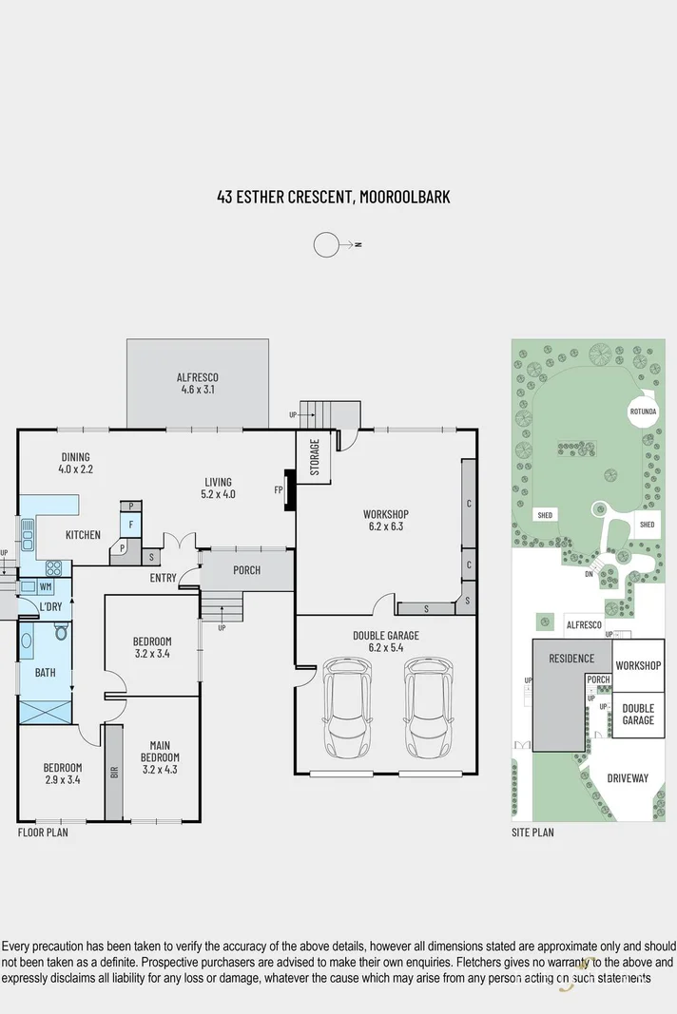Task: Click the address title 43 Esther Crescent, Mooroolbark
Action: (x=333, y=198)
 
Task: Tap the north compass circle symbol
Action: (x=326, y=244)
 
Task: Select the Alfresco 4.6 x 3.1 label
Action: (x=199, y=383)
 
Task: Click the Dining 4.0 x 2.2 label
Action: (x=76, y=463)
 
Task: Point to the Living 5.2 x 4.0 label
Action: (x=218, y=488)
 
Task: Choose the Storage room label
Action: (x=315, y=457)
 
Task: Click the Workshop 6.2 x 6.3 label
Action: (x=384, y=520)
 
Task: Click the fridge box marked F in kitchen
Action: (x=130, y=524)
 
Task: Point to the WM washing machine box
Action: (x=46, y=586)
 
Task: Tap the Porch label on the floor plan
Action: (x=245, y=570)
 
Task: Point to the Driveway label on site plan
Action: (x=627, y=778)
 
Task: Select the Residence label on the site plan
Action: (x=571, y=659)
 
